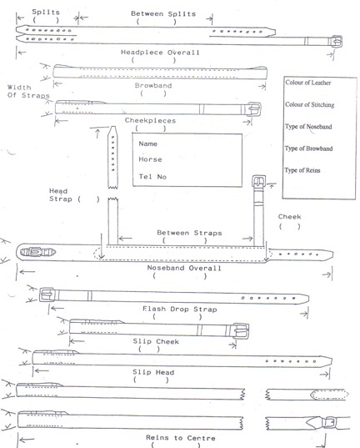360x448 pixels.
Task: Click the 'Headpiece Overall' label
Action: click(x=160, y=53)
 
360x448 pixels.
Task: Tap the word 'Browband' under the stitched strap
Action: click(x=153, y=85)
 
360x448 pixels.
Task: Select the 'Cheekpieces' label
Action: click(x=150, y=121)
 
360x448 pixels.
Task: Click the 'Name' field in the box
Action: click(x=147, y=143)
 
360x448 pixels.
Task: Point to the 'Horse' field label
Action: click(x=150, y=159)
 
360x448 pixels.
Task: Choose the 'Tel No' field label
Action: click(x=152, y=177)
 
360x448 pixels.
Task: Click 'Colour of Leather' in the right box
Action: click(x=308, y=83)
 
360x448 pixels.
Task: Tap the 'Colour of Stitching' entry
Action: click(x=310, y=104)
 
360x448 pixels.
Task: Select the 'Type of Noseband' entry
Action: click(x=308, y=127)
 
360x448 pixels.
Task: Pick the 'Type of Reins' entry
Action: click(x=302, y=170)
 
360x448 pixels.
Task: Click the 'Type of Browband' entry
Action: click(x=308, y=148)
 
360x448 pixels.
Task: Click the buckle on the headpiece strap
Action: click(x=336, y=42)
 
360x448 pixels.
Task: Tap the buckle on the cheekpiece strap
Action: click(x=254, y=108)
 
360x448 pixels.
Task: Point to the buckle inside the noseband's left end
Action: click(x=37, y=252)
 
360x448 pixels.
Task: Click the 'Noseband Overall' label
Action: click(x=184, y=268)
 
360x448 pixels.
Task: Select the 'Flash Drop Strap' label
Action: click(x=179, y=310)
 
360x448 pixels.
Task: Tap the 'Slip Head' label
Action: click(x=153, y=372)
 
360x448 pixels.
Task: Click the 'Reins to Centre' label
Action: click(x=181, y=438)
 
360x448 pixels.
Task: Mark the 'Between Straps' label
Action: click(x=189, y=233)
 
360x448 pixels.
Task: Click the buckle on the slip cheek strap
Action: click(x=241, y=331)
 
